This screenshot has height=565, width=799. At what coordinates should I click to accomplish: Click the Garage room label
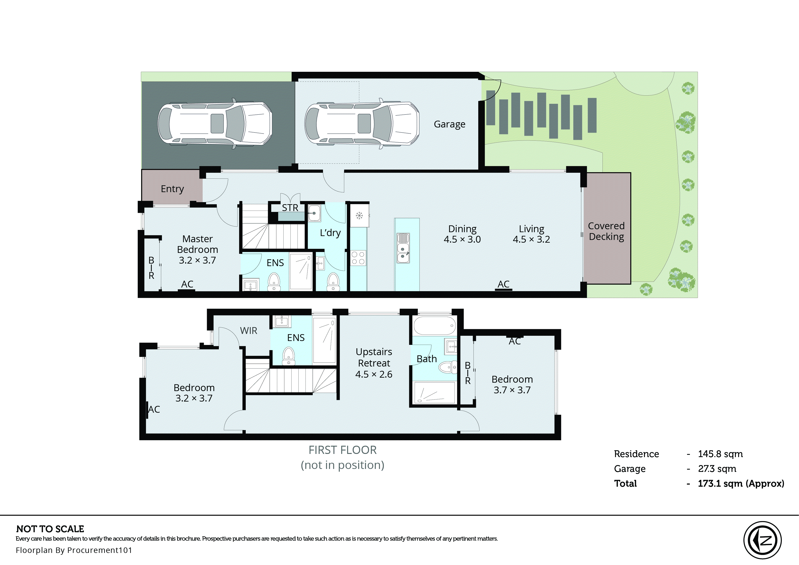point(449,124)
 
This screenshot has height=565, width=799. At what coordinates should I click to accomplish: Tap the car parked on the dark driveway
point(215,124)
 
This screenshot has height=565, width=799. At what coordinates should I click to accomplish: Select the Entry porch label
point(172,189)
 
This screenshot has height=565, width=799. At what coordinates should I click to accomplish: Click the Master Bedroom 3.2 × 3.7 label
point(197,249)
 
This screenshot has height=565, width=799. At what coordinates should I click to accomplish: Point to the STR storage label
point(290,208)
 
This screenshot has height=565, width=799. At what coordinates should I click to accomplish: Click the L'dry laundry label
point(330,232)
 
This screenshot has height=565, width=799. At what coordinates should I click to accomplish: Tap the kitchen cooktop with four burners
point(358,258)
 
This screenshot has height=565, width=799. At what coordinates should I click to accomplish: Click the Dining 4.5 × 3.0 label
point(462,234)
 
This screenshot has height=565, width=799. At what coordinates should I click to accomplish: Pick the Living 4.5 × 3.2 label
point(531,234)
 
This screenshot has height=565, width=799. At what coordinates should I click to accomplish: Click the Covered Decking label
point(606,231)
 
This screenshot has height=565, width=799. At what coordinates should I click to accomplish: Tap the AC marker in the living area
point(504,285)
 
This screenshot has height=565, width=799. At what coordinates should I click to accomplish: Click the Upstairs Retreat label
point(374,363)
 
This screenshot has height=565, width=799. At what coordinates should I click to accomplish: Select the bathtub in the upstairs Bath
point(434,326)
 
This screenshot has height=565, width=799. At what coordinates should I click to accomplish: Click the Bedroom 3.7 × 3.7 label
point(512,384)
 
